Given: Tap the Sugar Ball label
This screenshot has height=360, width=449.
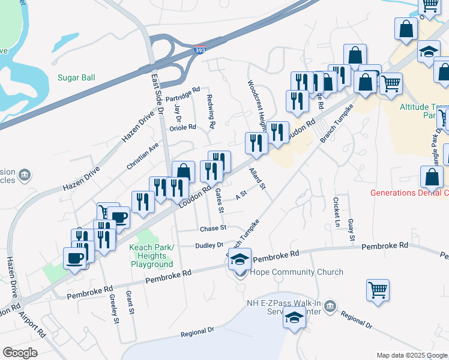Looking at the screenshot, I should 76,77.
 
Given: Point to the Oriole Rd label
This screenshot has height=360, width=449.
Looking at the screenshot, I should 183,127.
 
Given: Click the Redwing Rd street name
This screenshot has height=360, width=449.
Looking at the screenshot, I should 211,112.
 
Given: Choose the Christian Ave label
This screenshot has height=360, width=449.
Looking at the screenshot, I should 142,155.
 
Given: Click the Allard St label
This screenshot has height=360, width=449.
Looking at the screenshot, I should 258,179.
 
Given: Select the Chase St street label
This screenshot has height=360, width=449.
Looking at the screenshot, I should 213,228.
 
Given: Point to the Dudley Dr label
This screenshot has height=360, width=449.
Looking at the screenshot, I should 209,245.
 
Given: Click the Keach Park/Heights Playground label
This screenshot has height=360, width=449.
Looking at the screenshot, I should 152,256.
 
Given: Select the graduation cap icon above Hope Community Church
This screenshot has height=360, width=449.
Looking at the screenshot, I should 240,259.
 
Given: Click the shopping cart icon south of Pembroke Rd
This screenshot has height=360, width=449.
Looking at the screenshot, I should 378,290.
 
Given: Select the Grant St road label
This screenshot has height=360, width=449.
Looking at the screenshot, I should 129,302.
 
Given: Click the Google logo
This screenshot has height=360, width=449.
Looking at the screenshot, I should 20,353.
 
